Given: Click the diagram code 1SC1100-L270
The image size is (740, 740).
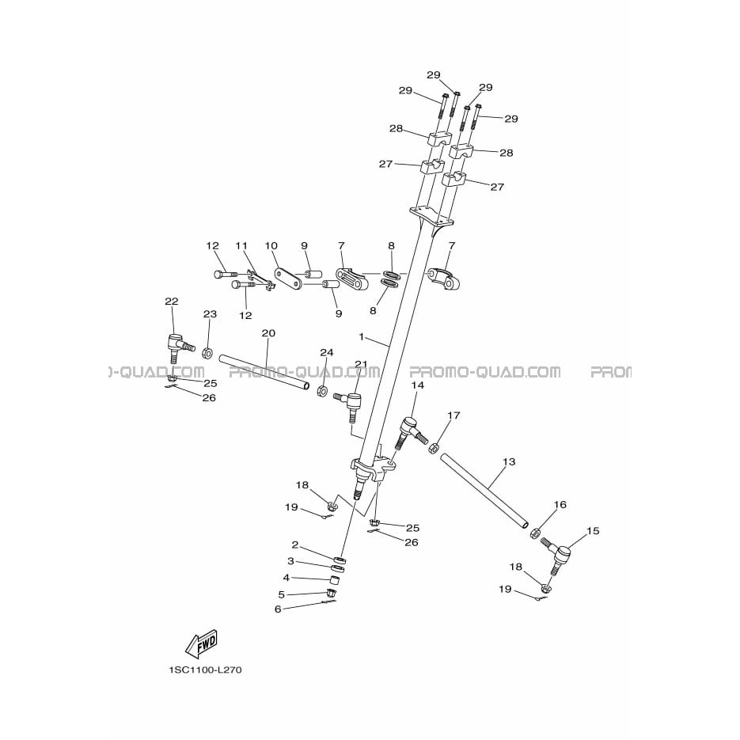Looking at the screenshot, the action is click(205, 670).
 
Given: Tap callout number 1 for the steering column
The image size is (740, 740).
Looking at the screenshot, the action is click(362, 337).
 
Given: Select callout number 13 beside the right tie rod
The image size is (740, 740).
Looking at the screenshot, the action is click(509, 461).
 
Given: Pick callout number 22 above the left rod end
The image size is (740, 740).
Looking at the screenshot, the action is click(172, 301).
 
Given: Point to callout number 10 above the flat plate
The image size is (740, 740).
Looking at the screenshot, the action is click(271, 245).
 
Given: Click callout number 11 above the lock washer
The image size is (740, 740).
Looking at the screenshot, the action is click(241, 245).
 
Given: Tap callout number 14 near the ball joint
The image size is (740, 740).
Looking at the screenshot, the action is click(418, 385).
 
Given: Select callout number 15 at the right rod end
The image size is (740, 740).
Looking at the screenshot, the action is click(593, 530).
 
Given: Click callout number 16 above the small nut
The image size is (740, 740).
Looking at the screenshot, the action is click(560, 504).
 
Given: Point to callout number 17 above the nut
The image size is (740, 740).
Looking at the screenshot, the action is click(453, 416).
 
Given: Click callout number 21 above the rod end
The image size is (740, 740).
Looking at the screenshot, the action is click(361, 363).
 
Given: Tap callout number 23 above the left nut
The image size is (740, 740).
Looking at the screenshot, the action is click(210, 314).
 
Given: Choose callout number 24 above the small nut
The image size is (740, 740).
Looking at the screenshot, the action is click(327, 352).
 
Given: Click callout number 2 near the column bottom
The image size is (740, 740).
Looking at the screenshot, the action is click(295, 545).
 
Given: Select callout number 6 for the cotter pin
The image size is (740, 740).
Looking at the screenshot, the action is click(278, 609).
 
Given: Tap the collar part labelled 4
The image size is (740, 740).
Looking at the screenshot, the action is click(335, 578).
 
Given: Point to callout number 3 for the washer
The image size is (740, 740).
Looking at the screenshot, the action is click(290, 561).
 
